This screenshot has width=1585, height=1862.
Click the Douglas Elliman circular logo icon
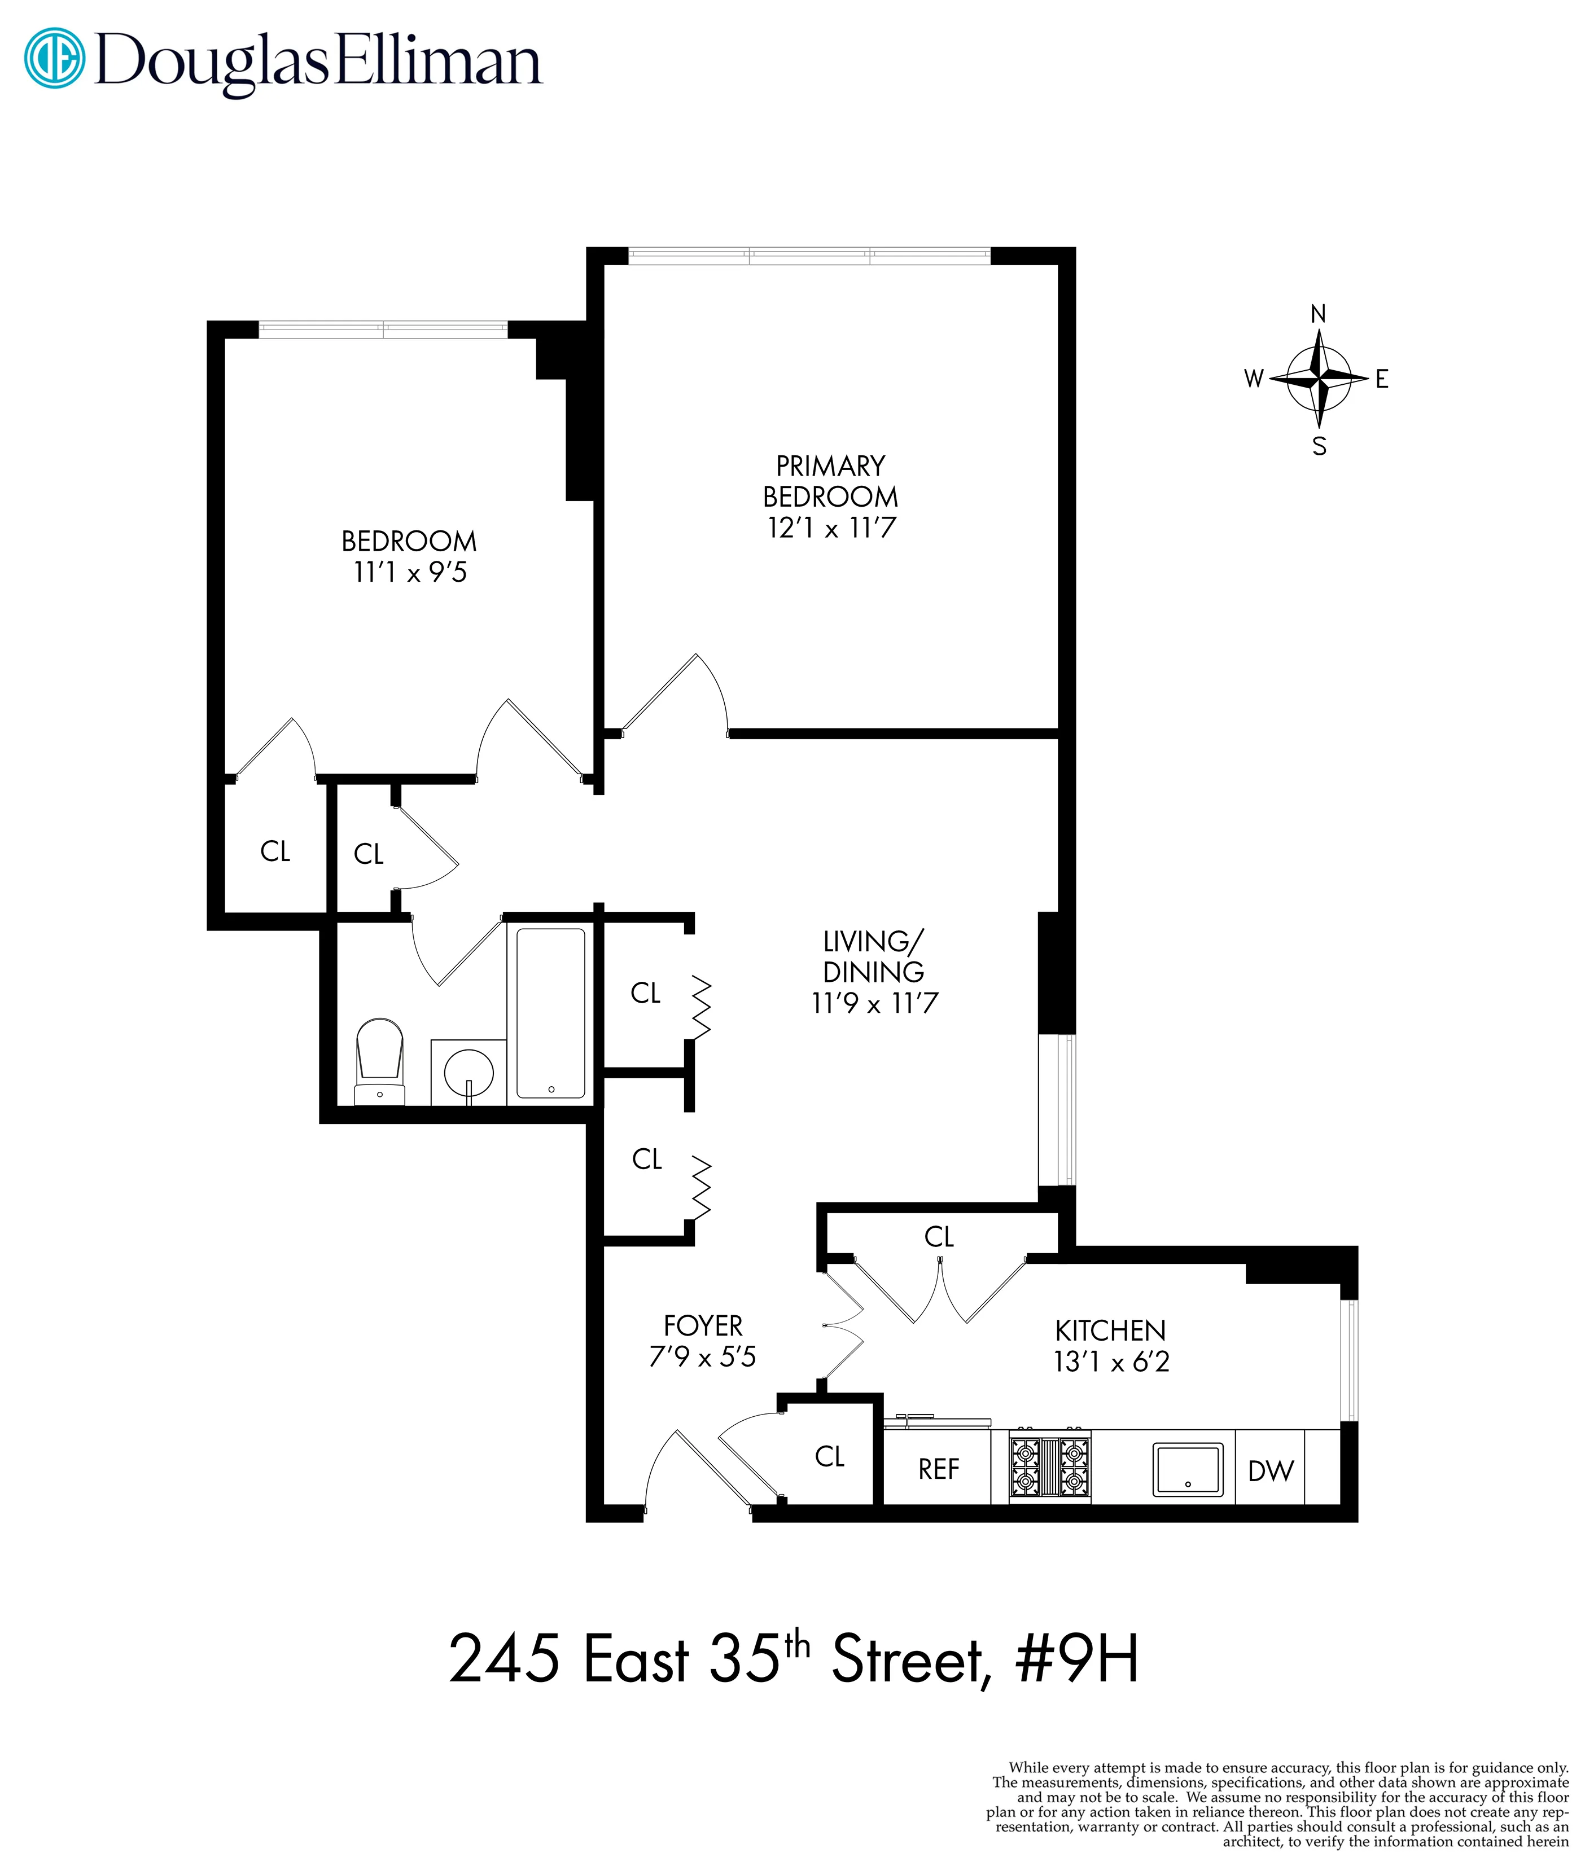(x=54, y=59)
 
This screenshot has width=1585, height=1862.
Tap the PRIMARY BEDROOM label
(x=830, y=481)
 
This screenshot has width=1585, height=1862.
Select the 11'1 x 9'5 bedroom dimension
(x=410, y=572)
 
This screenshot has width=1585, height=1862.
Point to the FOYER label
(x=703, y=1326)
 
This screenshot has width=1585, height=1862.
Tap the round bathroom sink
(x=469, y=1071)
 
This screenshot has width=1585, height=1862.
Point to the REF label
(x=938, y=1469)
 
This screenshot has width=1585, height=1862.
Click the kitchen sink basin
(x=1188, y=1469)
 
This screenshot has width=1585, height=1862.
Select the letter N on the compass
(x=1318, y=314)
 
